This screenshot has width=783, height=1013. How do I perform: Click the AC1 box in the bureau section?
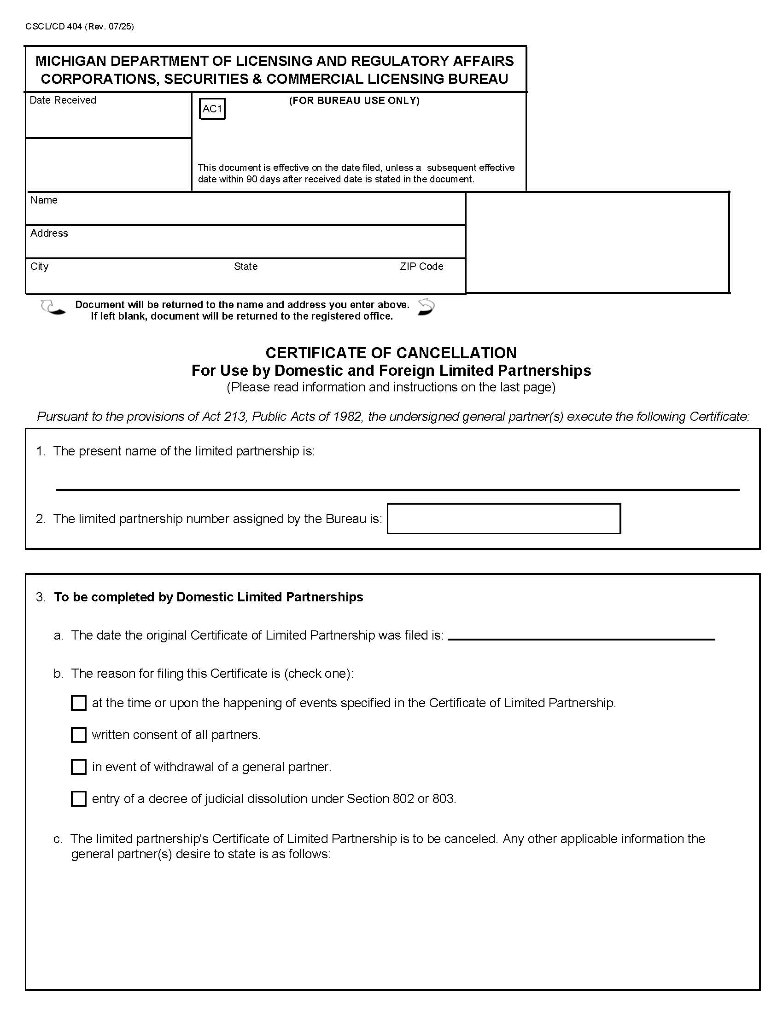(x=212, y=109)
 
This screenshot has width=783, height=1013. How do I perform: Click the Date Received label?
(x=63, y=100)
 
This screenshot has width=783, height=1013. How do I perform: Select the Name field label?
(x=44, y=200)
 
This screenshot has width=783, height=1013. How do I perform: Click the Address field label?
(x=49, y=233)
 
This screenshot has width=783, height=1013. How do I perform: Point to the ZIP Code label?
(x=421, y=266)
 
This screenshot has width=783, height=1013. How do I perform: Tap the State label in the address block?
(x=245, y=266)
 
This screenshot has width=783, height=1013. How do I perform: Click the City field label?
(x=40, y=266)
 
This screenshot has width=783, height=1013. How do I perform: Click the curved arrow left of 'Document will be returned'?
(x=53, y=308)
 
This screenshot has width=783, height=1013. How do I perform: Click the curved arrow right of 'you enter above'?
(x=426, y=307)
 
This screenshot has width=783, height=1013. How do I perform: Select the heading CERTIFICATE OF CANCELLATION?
(x=391, y=353)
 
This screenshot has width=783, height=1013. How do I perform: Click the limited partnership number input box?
(x=503, y=518)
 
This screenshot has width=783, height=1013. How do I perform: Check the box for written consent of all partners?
(x=78, y=735)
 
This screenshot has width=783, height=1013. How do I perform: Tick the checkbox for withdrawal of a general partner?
(x=78, y=767)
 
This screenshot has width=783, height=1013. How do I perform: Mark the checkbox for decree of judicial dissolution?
(x=78, y=799)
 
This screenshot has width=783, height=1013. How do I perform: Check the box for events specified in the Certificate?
(x=78, y=703)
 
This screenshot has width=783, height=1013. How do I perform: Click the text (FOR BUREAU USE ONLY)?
(x=354, y=101)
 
